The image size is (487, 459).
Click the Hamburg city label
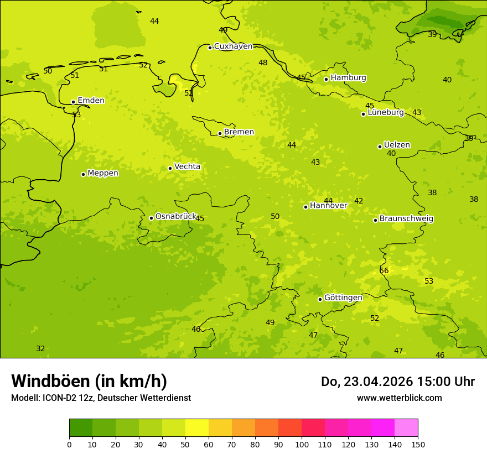[348, 78]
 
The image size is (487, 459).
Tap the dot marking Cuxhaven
[210, 48]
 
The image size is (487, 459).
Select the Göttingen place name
[343, 298]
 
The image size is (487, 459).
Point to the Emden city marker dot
[73, 102]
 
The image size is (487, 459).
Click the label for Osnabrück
[176, 216]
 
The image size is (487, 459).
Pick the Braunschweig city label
[406, 218]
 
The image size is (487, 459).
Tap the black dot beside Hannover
[305, 207]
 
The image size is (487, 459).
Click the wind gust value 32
[40, 348]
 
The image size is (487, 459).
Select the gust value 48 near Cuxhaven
[263, 62]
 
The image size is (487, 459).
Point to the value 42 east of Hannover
[359, 201]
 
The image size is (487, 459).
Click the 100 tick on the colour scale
[302, 444]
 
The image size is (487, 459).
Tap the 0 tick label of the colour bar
[69, 444]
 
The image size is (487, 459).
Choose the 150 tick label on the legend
[418, 444]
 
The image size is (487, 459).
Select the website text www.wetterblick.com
[399, 398]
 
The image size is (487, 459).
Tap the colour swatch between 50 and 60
[197, 428]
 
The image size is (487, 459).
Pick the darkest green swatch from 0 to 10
[81, 428]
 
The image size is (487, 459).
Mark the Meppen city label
[103, 173]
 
